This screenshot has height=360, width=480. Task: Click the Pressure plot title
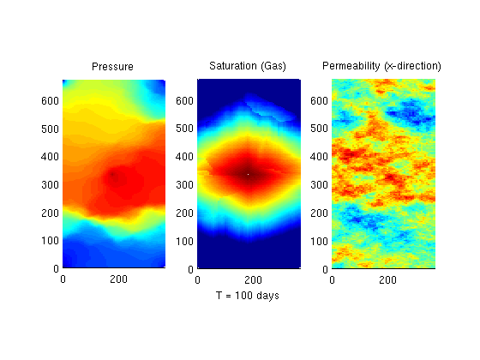112,67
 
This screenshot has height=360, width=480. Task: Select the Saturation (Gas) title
248,66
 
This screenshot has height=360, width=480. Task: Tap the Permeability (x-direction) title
381,66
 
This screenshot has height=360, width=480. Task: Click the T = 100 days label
248,296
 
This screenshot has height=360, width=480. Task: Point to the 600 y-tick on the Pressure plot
50,100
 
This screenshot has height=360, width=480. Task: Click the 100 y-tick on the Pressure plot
50,240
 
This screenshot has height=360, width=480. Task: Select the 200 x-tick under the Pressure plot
118,279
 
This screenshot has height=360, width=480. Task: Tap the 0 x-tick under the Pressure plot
63,279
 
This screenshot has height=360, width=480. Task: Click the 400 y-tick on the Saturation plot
184,156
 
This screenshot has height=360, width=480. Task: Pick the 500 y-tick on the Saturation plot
184,129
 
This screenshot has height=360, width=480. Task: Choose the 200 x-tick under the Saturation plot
253,279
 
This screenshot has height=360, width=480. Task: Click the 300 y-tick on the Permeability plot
319,184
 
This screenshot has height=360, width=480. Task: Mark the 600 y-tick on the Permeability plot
319,100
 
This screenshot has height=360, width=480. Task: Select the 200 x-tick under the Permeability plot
387,279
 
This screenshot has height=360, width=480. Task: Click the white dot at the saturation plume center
248,175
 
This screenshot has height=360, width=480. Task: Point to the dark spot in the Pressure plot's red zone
112,175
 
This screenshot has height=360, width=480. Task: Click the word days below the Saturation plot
267,296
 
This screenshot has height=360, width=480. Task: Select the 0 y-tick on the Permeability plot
325,269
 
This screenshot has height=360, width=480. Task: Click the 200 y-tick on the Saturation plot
184,213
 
